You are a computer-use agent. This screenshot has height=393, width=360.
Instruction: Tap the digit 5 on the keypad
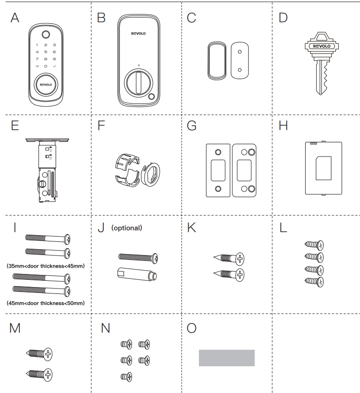tap(45, 51)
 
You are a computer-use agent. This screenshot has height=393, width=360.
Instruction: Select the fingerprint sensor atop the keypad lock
tap(45, 35)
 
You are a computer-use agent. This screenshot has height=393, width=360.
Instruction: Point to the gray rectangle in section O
tap(227, 358)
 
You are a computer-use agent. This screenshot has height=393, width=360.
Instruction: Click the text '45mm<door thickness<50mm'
tap(45, 303)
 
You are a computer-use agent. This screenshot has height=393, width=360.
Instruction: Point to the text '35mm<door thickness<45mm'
tap(45, 266)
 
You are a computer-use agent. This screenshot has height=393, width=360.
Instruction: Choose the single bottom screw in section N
tap(126, 376)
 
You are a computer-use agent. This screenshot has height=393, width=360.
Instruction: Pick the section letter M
tap(15, 328)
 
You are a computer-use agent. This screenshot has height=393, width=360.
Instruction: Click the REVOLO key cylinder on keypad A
tap(45, 84)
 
